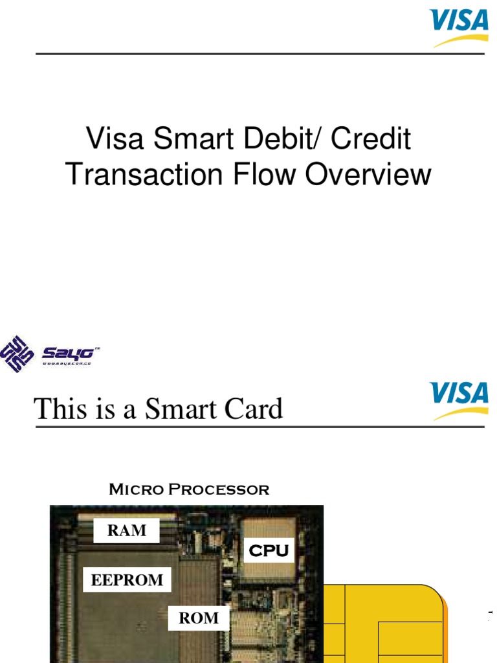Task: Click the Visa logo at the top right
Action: pyautogui.click(x=459, y=27)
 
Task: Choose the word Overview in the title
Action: pyautogui.click(x=368, y=174)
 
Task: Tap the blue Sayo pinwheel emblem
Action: pyautogui.click(x=17, y=354)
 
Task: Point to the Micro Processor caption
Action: pyautogui.click(x=189, y=489)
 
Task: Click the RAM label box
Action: pyautogui.click(x=127, y=531)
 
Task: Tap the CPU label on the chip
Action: pyautogui.click(x=269, y=551)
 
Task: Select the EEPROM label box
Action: pyautogui.click(x=127, y=579)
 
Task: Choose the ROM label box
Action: pyautogui.click(x=199, y=618)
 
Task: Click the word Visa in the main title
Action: pyautogui.click(x=111, y=139)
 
